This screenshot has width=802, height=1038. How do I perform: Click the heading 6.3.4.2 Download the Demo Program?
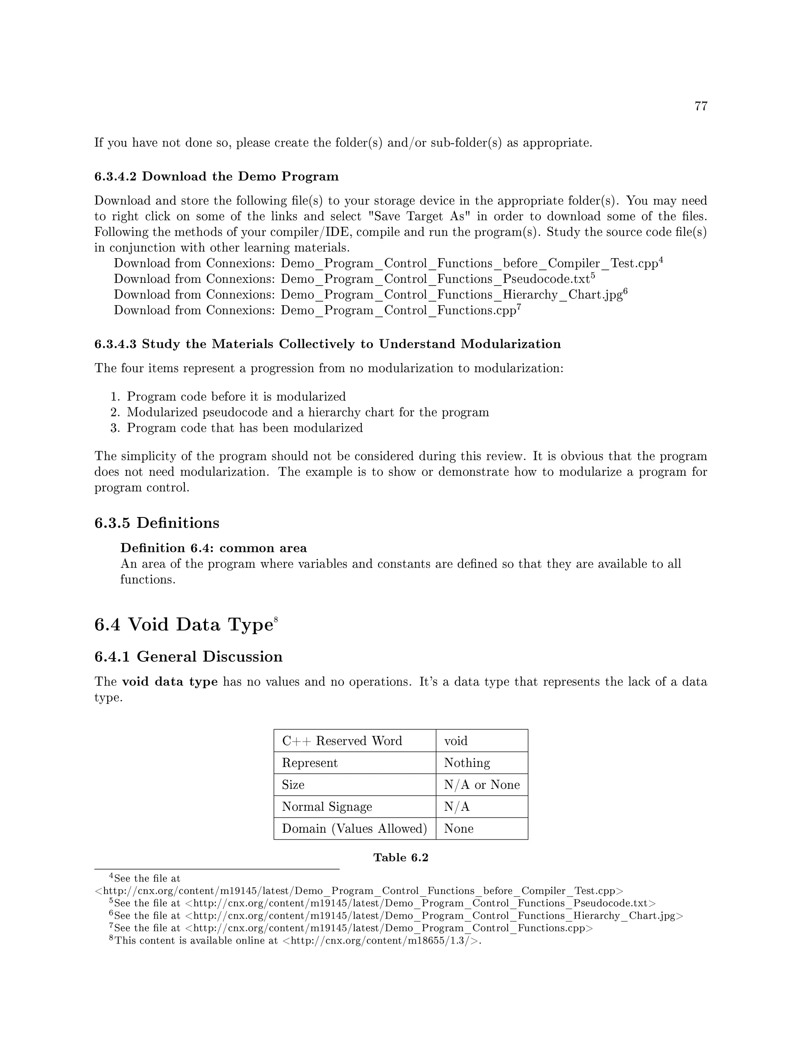(x=216, y=176)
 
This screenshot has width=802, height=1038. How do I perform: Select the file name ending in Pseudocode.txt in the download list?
(x=435, y=279)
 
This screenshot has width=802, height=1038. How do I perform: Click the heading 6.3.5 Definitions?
(x=157, y=523)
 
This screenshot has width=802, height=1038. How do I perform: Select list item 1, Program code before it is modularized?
(x=236, y=396)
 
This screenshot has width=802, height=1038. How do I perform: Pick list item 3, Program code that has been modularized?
(x=244, y=428)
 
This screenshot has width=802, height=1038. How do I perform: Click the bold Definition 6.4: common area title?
(x=213, y=548)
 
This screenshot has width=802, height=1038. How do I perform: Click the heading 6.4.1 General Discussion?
(x=188, y=656)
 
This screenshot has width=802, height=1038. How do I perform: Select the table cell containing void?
(x=456, y=741)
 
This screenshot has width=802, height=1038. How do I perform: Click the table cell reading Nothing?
(x=466, y=763)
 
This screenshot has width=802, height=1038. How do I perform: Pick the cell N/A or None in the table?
(x=481, y=785)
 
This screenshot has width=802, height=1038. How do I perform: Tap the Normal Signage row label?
(x=327, y=807)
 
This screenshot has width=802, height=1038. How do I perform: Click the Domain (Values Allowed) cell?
(x=354, y=828)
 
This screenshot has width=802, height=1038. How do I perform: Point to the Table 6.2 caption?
(x=401, y=857)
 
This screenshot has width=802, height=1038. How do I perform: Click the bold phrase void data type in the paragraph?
(x=170, y=682)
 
